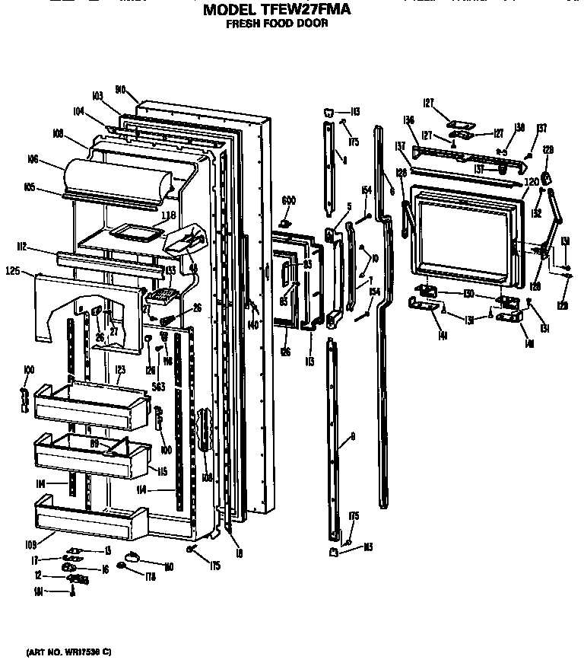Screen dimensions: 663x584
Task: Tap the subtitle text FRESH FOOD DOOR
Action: pyautogui.click(x=277, y=24)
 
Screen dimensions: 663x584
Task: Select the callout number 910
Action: pyautogui.click(x=120, y=89)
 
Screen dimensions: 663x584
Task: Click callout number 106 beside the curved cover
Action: pyautogui.click(x=32, y=159)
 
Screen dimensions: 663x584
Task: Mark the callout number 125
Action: pyautogui.click(x=12, y=270)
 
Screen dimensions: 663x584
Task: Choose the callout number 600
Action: pyautogui.click(x=288, y=200)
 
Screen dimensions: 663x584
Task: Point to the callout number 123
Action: pyautogui.click(x=119, y=369)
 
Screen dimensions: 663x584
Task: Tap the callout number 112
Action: pyautogui.click(x=21, y=246)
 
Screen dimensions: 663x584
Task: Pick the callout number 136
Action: pyautogui.click(x=409, y=120)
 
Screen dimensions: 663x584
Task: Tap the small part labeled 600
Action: pyautogui.click(x=287, y=224)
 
